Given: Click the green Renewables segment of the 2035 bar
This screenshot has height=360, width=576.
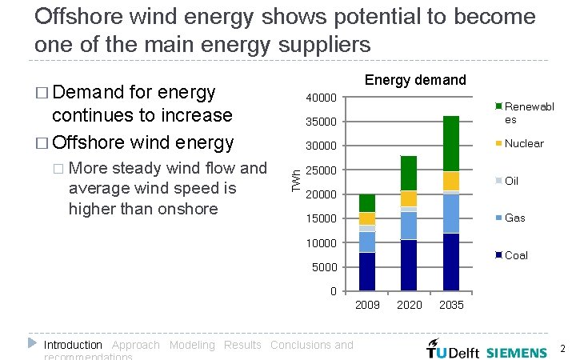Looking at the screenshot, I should tap(451, 143).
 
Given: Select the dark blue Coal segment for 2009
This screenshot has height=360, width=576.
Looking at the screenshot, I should tap(367, 271).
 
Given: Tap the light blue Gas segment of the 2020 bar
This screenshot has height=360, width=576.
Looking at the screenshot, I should tap(409, 226).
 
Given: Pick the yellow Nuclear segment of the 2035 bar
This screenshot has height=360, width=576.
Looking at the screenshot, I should tap(451, 181).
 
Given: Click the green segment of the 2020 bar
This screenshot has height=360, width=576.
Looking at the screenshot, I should tap(409, 173).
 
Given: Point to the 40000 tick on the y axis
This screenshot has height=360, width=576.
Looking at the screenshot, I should tap(323, 98).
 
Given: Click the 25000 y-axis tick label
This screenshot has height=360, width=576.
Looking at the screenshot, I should tap(323, 170).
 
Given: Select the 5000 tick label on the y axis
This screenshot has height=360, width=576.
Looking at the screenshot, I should tap(326, 267).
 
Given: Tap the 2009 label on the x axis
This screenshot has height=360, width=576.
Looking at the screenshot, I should tap(367, 305).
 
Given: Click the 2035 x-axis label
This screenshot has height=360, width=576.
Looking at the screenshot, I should tap(451, 305).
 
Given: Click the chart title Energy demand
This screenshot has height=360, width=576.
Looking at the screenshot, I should tap(414, 80).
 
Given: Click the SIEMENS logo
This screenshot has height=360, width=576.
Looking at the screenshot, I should tap(517, 351).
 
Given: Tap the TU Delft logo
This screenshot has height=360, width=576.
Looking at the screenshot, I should tap(452, 351).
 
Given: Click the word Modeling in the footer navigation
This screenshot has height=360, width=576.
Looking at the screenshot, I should tap(192, 345).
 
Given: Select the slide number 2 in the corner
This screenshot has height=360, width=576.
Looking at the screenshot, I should tap(562, 349).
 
